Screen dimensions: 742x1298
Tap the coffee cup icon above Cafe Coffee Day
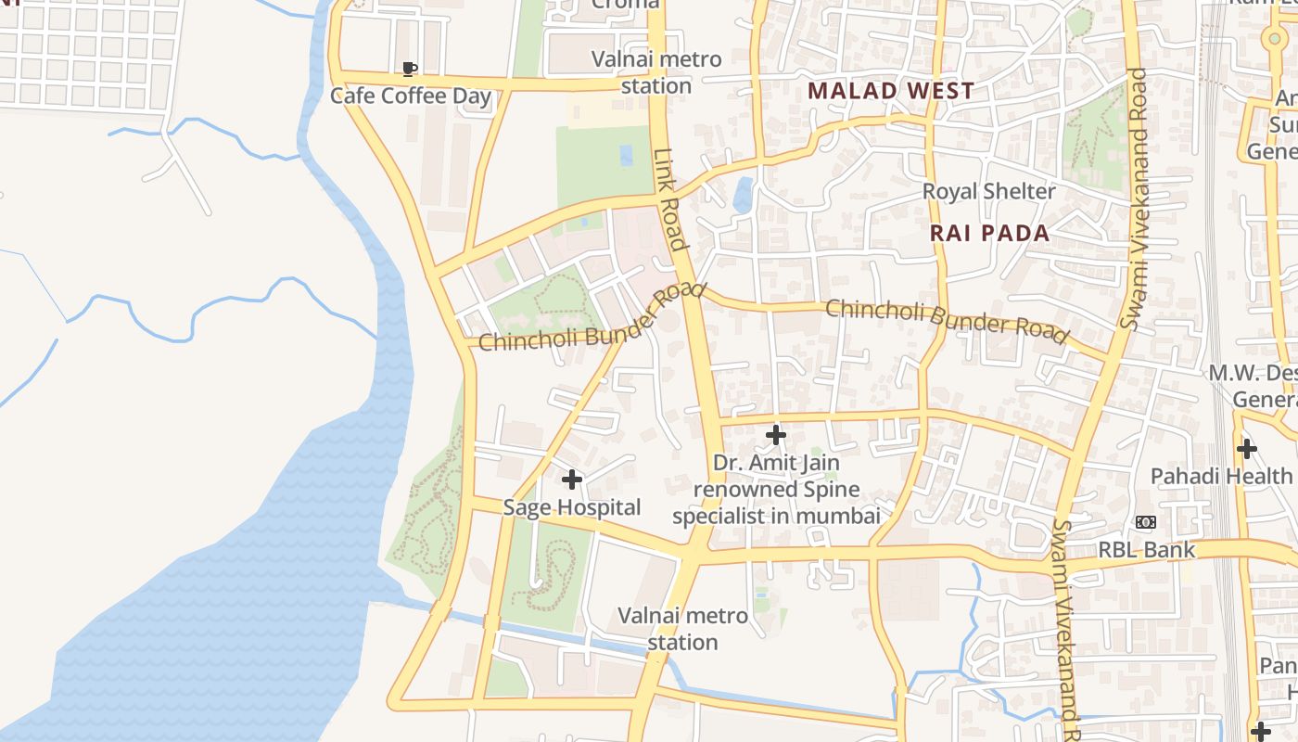pyautogui.click(x=410, y=69)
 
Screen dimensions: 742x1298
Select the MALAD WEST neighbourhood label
pyautogui.click(x=890, y=90)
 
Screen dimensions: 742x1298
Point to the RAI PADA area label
pyautogui.click(x=990, y=233)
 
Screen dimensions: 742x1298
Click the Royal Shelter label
pyautogui.click(x=988, y=191)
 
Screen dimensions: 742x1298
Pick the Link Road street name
pyautogui.click(x=668, y=199)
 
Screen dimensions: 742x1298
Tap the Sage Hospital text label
pyautogui.click(x=571, y=507)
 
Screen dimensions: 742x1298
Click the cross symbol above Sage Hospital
pyautogui.click(x=572, y=480)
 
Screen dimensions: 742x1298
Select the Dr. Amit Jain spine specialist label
pyautogui.click(x=776, y=489)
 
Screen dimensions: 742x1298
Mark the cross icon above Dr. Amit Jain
pyautogui.click(x=776, y=434)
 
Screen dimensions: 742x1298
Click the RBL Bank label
pyautogui.click(x=1146, y=550)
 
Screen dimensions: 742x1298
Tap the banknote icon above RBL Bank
pyautogui.click(x=1146, y=522)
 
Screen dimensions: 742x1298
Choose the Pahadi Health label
pyautogui.click(x=1221, y=476)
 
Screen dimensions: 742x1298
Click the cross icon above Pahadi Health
pyautogui.click(x=1247, y=450)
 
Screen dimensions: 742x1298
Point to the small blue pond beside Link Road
pyautogui.click(x=743, y=194)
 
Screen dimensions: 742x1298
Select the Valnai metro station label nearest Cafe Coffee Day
pyautogui.click(x=657, y=72)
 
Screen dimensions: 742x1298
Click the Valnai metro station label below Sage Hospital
pyautogui.click(x=682, y=628)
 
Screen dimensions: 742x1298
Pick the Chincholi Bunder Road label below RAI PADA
pyautogui.click(x=947, y=320)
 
